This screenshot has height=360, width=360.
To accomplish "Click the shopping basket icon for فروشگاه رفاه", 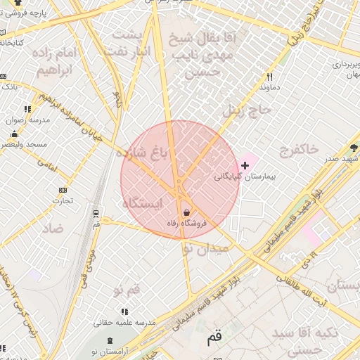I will click(186, 212).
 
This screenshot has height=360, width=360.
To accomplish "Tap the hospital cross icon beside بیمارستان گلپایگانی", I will click(245, 165).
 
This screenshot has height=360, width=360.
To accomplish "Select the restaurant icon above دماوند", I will click(269, 77).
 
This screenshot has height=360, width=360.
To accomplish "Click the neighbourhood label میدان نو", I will click(205, 248).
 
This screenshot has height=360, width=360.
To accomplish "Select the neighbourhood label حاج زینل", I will click(246, 110).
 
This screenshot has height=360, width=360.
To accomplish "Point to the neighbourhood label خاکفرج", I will click(308, 149).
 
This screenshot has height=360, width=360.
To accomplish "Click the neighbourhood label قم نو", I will click(127, 289).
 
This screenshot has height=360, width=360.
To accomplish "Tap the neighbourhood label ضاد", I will click(52, 229).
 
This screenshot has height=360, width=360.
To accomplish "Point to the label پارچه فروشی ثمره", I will click(39, 13).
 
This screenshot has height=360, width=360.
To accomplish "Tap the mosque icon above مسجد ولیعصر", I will click(13, 134).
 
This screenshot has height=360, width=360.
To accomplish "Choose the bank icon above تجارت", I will click(63, 189).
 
